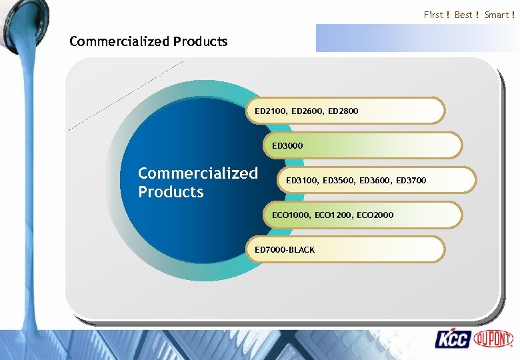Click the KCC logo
point(453,339)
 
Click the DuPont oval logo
point(494,338)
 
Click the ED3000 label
point(287,145)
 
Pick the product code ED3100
point(301,180)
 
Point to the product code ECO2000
point(375,215)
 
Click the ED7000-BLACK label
point(285,249)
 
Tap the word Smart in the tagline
point(497,15)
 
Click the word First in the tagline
point(433,15)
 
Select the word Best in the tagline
point(463,15)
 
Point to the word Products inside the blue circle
point(171,192)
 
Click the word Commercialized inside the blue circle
point(197,173)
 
